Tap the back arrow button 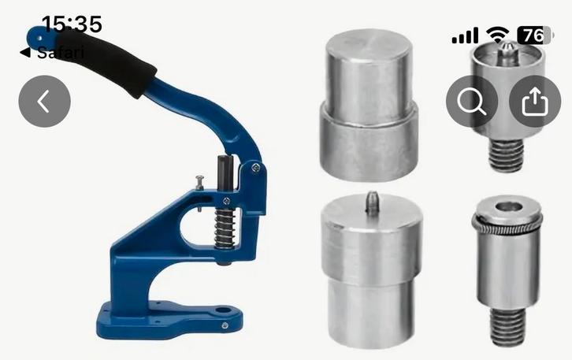point(44,101)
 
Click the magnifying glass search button point(472,101)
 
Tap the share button point(535,101)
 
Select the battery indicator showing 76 point(535,35)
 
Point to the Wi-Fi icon point(497,35)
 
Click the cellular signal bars point(465,36)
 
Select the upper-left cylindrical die point(367,102)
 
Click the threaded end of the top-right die point(506,154)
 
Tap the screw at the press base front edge point(225,325)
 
